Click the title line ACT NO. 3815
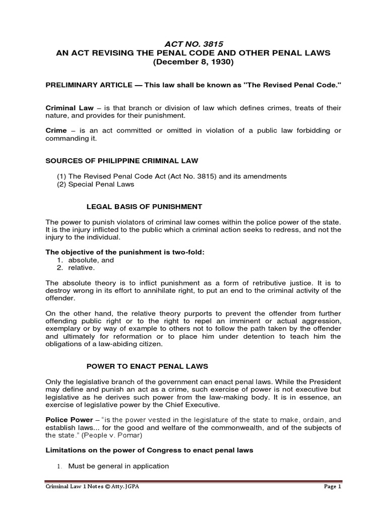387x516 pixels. point(194,44)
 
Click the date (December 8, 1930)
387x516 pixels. point(194,62)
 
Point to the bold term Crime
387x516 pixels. point(55,131)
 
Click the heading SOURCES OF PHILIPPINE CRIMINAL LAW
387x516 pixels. point(122,161)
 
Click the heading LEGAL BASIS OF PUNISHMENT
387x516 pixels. point(145,207)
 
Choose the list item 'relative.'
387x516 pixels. point(81,268)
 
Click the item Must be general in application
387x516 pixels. point(119,466)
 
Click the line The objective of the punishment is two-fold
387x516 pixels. point(125,252)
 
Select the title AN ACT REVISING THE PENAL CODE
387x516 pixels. point(194,53)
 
